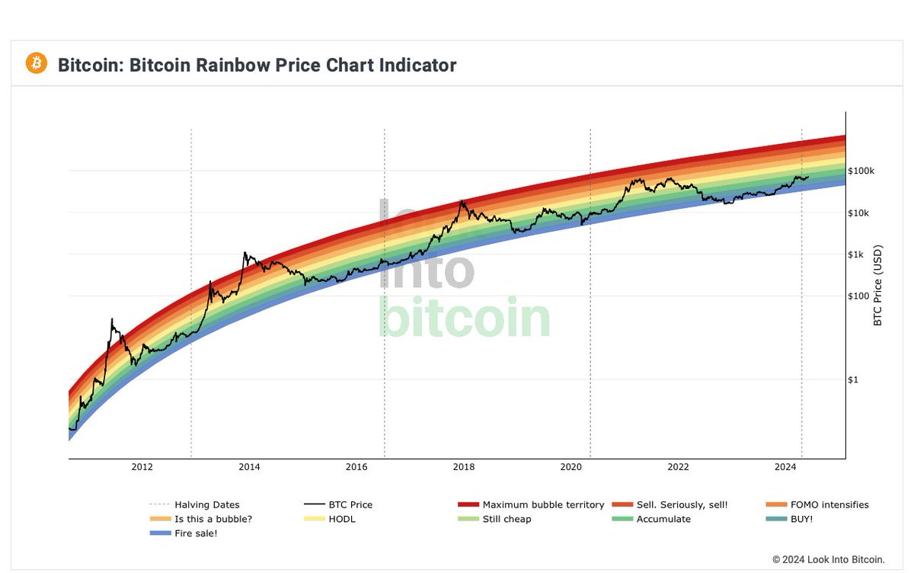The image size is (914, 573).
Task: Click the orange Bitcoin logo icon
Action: pyautogui.click(x=37, y=63)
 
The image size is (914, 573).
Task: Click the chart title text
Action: pyautogui.click(x=257, y=65)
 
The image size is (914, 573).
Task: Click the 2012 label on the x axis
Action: pyautogui.click(x=142, y=467)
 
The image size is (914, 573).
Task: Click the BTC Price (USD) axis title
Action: pyautogui.click(x=877, y=286)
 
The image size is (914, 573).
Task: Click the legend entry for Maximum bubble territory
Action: pyautogui.click(x=543, y=504)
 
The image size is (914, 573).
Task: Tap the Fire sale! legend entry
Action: pyautogui.click(x=196, y=533)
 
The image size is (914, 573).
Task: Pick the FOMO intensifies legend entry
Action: pyautogui.click(x=829, y=504)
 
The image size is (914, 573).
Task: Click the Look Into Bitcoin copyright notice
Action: pyautogui.click(x=828, y=559)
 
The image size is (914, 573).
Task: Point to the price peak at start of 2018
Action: pyautogui.click(x=462, y=200)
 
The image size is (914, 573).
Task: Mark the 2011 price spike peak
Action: pyautogui.click(x=112, y=319)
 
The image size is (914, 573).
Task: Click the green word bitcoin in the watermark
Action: pyautogui.click(x=464, y=319)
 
